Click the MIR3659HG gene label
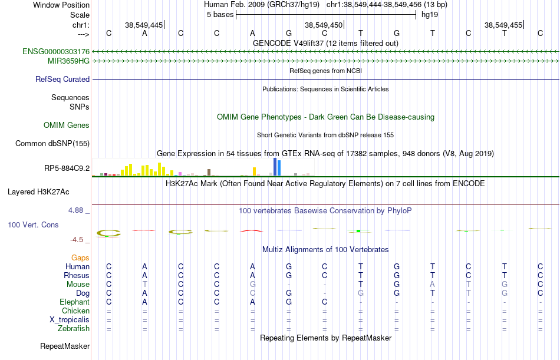[x=68, y=61]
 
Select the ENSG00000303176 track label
[x=56, y=52]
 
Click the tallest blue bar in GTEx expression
[x=275, y=167]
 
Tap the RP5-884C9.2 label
[x=67, y=169]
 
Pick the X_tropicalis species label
[x=70, y=319]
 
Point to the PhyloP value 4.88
[x=80, y=210]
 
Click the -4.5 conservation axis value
[x=81, y=240]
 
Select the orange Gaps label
[x=80, y=257]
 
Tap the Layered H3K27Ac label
[x=38, y=191]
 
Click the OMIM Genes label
[x=67, y=125]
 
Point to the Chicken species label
[x=75, y=311]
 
